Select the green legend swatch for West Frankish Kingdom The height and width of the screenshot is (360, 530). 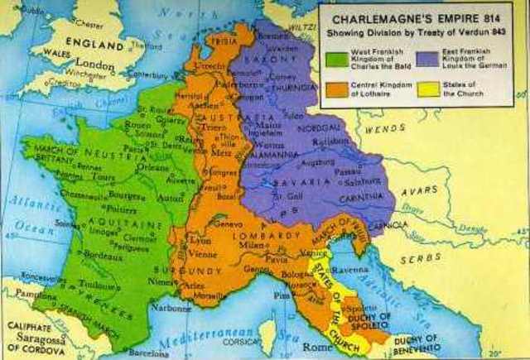click(337, 60)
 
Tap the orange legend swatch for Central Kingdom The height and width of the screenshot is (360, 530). click(337, 89)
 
